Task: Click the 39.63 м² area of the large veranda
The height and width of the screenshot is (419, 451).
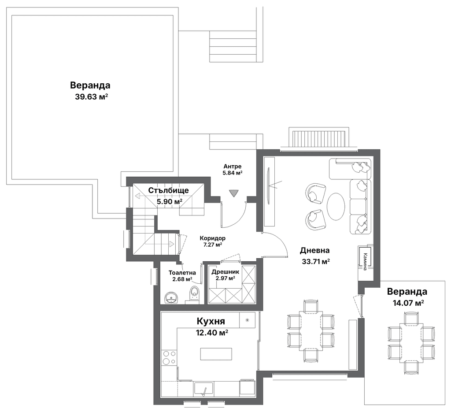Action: click(92, 96)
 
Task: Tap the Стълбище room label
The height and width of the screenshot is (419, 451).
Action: click(169, 190)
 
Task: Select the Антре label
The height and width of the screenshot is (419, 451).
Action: click(233, 167)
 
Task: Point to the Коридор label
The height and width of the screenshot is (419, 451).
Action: click(213, 238)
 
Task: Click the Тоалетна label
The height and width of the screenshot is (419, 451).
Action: click(182, 273)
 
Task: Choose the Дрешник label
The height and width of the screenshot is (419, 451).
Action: click(225, 272)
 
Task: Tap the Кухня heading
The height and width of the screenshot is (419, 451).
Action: click(211, 321)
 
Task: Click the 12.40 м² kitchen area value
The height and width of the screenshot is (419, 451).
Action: click(212, 333)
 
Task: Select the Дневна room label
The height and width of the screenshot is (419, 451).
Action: click(314, 251)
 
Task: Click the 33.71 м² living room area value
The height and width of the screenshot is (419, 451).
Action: click(315, 262)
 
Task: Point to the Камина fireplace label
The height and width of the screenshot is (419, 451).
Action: click(365, 262)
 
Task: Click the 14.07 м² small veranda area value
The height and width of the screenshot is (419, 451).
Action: click(408, 303)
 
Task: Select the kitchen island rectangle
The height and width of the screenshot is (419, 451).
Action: click(216, 354)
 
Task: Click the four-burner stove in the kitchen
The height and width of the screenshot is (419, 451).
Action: click(169, 357)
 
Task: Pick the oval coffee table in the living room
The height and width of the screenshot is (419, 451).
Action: click(336, 206)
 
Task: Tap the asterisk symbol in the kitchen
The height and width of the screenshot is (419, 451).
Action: click(247, 320)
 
